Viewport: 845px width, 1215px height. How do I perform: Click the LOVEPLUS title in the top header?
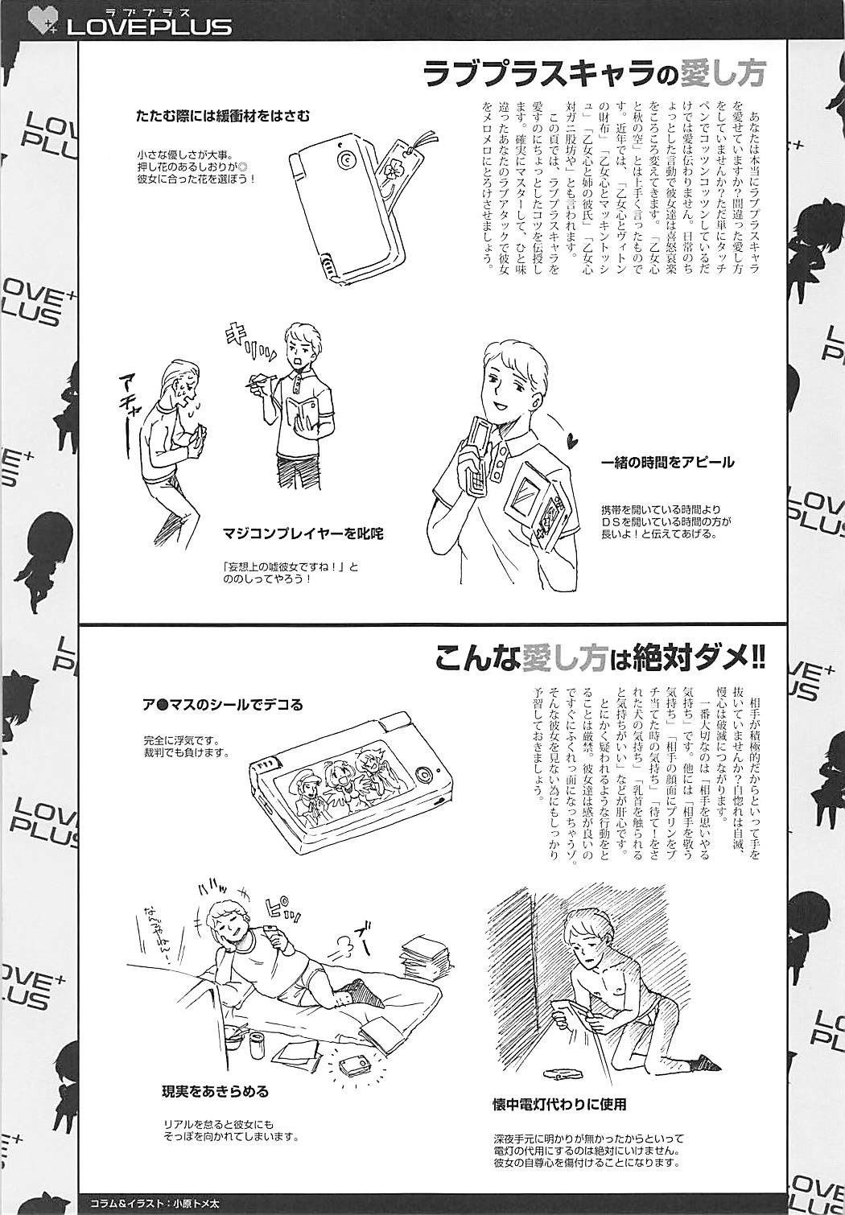(x=150, y=26)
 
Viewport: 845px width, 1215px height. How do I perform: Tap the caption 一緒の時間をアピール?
(x=667, y=463)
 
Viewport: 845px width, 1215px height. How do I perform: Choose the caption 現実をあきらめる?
(x=214, y=1091)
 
